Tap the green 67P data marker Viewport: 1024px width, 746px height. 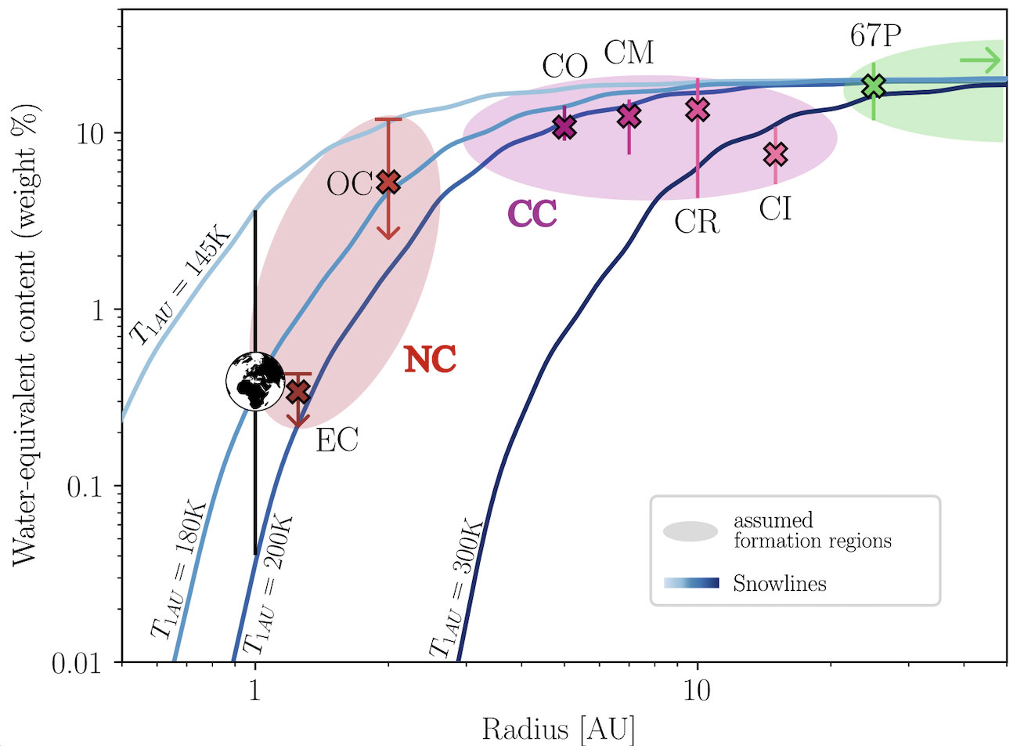pyautogui.click(x=874, y=85)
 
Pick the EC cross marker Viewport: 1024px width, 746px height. pyautogui.click(x=297, y=391)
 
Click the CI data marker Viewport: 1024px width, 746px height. pyautogui.click(x=775, y=154)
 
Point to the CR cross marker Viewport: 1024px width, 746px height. pyautogui.click(x=698, y=110)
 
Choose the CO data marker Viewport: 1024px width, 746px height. pyautogui.click(x=564, y=126)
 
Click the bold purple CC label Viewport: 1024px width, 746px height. pyautogui.click(x=532, y=214)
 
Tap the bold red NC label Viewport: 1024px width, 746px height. pyautogui.click(x=430, y=360)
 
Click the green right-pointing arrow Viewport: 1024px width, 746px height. pyautogui.click(x=980, y=60)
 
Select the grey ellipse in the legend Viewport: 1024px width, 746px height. pyautogui.click(x=690, y=531)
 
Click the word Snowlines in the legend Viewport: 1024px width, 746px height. pyautogui.click(x=780, y=584)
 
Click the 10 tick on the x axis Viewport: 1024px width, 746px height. pyautogui.click(x=698, y=690)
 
